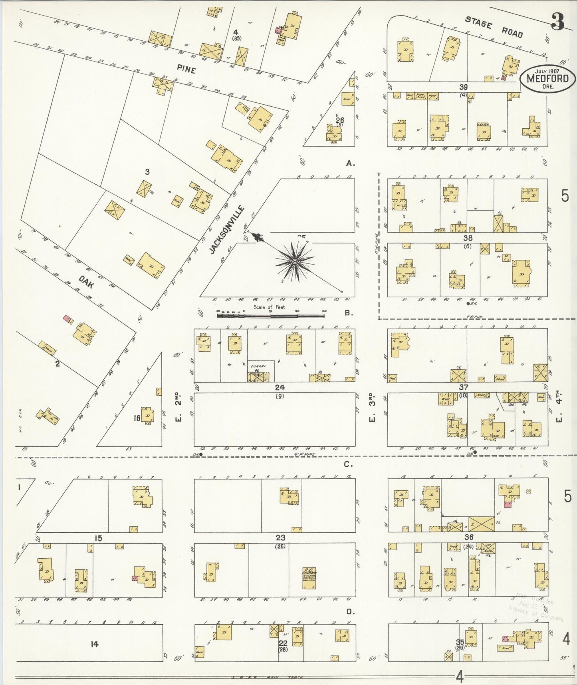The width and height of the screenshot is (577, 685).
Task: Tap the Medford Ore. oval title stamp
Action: tap(547, 79)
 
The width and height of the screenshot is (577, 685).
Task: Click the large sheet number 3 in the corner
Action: tap(557, 22)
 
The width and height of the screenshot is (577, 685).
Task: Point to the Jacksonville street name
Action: tap(227, 229)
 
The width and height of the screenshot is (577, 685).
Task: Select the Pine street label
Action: tap(186, 70)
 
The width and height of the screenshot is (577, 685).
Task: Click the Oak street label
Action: tap(86, 282)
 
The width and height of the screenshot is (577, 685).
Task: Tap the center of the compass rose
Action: tap(294, 261)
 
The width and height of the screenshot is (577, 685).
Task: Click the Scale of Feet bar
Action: tap(271, 316)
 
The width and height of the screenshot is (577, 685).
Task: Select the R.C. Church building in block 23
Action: tap(309, 577)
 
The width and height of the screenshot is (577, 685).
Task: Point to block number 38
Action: tap(468, 238)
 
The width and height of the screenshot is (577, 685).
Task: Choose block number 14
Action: tap(94, 644)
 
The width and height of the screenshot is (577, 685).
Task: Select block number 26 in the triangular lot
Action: tap(340, 120)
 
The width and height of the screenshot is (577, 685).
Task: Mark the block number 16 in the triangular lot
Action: tap(137, 418)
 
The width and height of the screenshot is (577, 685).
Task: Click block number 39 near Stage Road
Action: tap(463, 87)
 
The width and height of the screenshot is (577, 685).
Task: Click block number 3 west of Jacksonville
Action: tap(147, 172)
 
